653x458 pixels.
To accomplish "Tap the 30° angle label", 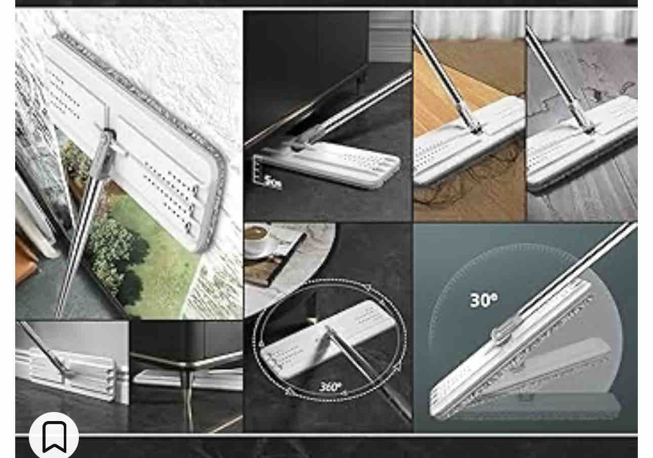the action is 483,300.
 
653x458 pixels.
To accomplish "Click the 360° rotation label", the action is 330,387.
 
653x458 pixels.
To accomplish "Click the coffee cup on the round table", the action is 257,237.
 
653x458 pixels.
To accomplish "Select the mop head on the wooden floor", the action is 469,140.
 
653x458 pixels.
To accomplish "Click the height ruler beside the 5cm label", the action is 257,169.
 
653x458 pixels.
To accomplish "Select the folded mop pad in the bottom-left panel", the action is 70,373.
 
